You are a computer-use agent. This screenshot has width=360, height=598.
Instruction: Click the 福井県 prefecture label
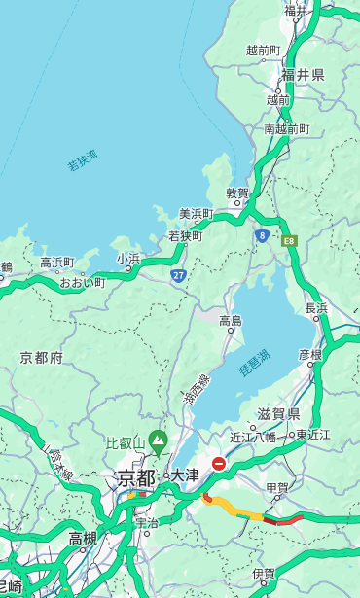pos(305,75)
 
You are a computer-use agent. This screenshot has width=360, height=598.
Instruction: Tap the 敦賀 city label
pos(238,193)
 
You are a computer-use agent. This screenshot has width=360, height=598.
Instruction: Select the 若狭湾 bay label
pos(82,160)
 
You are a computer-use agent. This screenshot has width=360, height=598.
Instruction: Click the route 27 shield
pos(179,275)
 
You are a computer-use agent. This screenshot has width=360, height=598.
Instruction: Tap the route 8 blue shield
pos(262,234)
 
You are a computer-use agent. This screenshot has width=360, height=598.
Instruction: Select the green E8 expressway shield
pos(288,239)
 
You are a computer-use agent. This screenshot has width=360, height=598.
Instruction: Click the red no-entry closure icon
pos(220,465)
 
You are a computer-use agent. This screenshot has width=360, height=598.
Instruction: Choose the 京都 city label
pos(136,477)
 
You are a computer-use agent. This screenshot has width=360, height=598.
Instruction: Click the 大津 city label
pos(185,475)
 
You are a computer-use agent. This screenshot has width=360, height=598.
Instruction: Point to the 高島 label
pos(231,320)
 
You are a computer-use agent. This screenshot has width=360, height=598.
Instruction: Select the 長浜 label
pos(316,308)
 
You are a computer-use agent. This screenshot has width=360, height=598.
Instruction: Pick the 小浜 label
pos(128,258)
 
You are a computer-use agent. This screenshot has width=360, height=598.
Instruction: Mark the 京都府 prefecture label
pos(42,358)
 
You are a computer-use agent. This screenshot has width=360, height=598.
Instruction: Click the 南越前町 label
pos(286,128)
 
